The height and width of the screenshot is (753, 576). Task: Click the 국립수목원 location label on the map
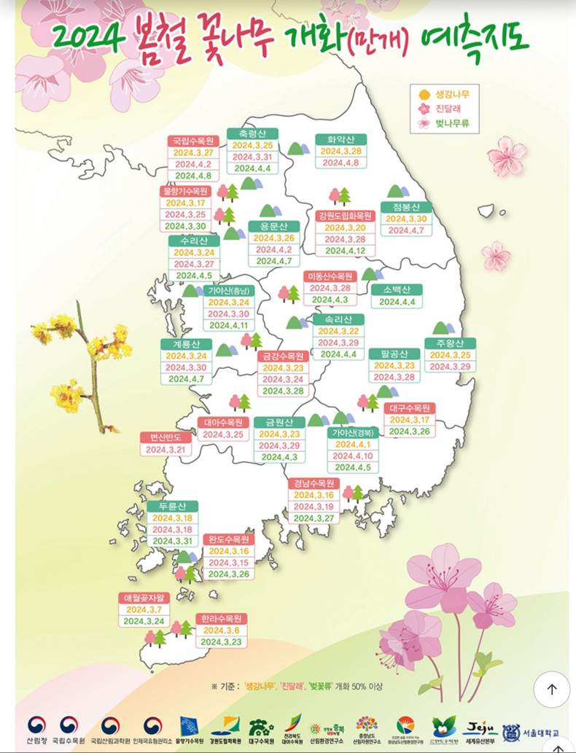point(194,141)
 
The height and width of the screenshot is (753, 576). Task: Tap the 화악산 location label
point(340,138)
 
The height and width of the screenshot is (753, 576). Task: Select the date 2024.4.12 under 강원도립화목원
point(345,251)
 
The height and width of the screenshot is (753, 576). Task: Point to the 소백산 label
point(397,289)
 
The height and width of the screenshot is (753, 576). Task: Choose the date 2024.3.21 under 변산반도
point(167,450)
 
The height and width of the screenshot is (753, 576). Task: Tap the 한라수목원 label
point(222,618)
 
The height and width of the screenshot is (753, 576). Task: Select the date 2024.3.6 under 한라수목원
point(222,631)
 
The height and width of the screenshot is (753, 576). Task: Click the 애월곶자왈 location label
point(143,598)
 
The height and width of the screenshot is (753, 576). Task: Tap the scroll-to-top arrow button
point(552,689)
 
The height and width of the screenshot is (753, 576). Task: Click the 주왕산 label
point(450,343)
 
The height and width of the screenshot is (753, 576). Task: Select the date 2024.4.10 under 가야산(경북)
point(353,456)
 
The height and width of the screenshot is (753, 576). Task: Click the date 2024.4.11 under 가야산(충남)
point(228,326)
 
